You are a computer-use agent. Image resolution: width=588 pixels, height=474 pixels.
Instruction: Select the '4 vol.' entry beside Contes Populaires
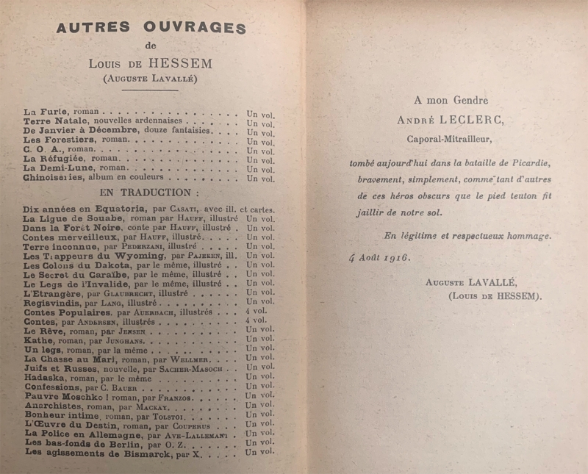[257, 312]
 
